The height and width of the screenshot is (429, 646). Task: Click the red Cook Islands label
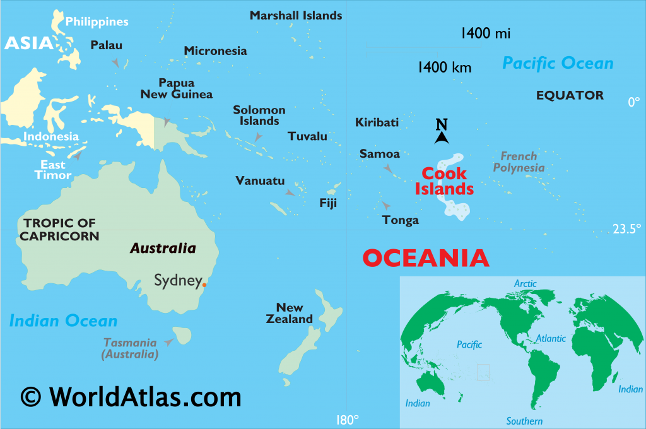(x=444, y=181)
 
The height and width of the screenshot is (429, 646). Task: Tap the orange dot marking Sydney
(x=204, y=285)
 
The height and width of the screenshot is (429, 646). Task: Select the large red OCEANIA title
(x=426, y=257)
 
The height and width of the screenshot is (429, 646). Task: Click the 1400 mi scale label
(x=485, y=33)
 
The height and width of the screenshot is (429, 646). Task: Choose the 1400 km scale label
(x=444, y=68)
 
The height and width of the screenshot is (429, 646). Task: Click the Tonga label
(x=401, y=220)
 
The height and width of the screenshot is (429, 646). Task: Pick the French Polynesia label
(x=519, y=162)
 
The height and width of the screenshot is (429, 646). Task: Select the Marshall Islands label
(x=296, y=15)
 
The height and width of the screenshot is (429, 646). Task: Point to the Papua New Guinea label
(x=177, y=89)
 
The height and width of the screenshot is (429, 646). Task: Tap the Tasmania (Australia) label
(x=130, y=348)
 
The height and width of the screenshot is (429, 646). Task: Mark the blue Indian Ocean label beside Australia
(x=63, y=320)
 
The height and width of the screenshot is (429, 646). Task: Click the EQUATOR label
(x=570, y=95)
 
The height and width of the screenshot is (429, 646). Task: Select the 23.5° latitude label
(x=627, y=229)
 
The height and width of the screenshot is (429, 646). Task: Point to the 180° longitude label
(x=347, y=420)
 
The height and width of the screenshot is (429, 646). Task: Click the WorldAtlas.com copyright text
(x=131, y=397)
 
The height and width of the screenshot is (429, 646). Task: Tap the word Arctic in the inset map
(x=525, y=284)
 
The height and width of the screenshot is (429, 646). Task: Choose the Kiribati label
(x=377, y=122)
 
